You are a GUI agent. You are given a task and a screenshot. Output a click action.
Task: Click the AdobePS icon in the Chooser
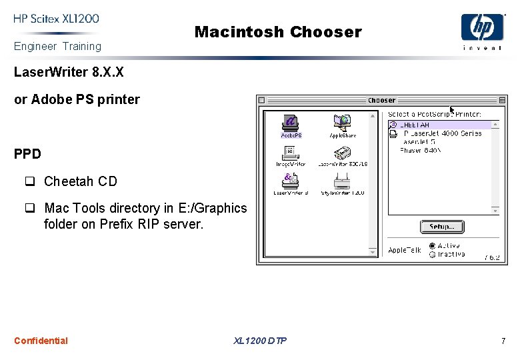pos(291,124)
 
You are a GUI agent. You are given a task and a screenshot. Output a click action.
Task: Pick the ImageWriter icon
pos(291,153)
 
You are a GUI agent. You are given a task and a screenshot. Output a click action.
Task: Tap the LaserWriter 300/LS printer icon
pos(343,153)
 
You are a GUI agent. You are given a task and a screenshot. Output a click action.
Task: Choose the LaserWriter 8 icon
pos(291,181)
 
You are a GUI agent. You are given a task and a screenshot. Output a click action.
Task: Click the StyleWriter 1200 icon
pos(343,181)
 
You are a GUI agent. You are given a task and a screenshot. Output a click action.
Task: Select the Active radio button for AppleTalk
pos(433,246)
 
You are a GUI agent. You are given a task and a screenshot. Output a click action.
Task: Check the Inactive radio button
pos(433,254)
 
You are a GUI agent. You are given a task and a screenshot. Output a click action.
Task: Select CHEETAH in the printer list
pos(416,125)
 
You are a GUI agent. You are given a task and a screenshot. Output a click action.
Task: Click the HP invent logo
pos(482,31)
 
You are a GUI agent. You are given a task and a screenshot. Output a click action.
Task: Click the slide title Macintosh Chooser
pos(277,32)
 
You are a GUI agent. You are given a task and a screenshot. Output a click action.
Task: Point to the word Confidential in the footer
pos(41,341)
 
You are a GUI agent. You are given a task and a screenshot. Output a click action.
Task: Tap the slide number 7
pos(503,341)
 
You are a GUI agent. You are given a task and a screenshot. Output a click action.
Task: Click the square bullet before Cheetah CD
pos(30,181)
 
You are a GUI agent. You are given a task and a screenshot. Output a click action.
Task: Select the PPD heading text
pos(27,154)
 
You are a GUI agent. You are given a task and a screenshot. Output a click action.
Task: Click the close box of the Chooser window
pos(262,101)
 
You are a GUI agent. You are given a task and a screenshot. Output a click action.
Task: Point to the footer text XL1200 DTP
pos(260,341)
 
